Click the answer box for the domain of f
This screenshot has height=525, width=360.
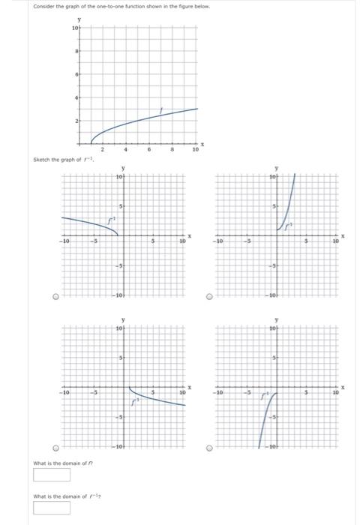click(x=51, y=475)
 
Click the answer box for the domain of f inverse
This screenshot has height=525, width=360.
click(x=51, y=508)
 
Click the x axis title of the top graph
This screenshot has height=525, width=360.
click(x=202, y=142)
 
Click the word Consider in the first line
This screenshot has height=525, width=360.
click(x=43, y=6)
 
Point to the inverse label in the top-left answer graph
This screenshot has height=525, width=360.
click(x=112, y=220)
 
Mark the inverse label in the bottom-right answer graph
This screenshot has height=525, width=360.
click(x=265, y=393)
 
